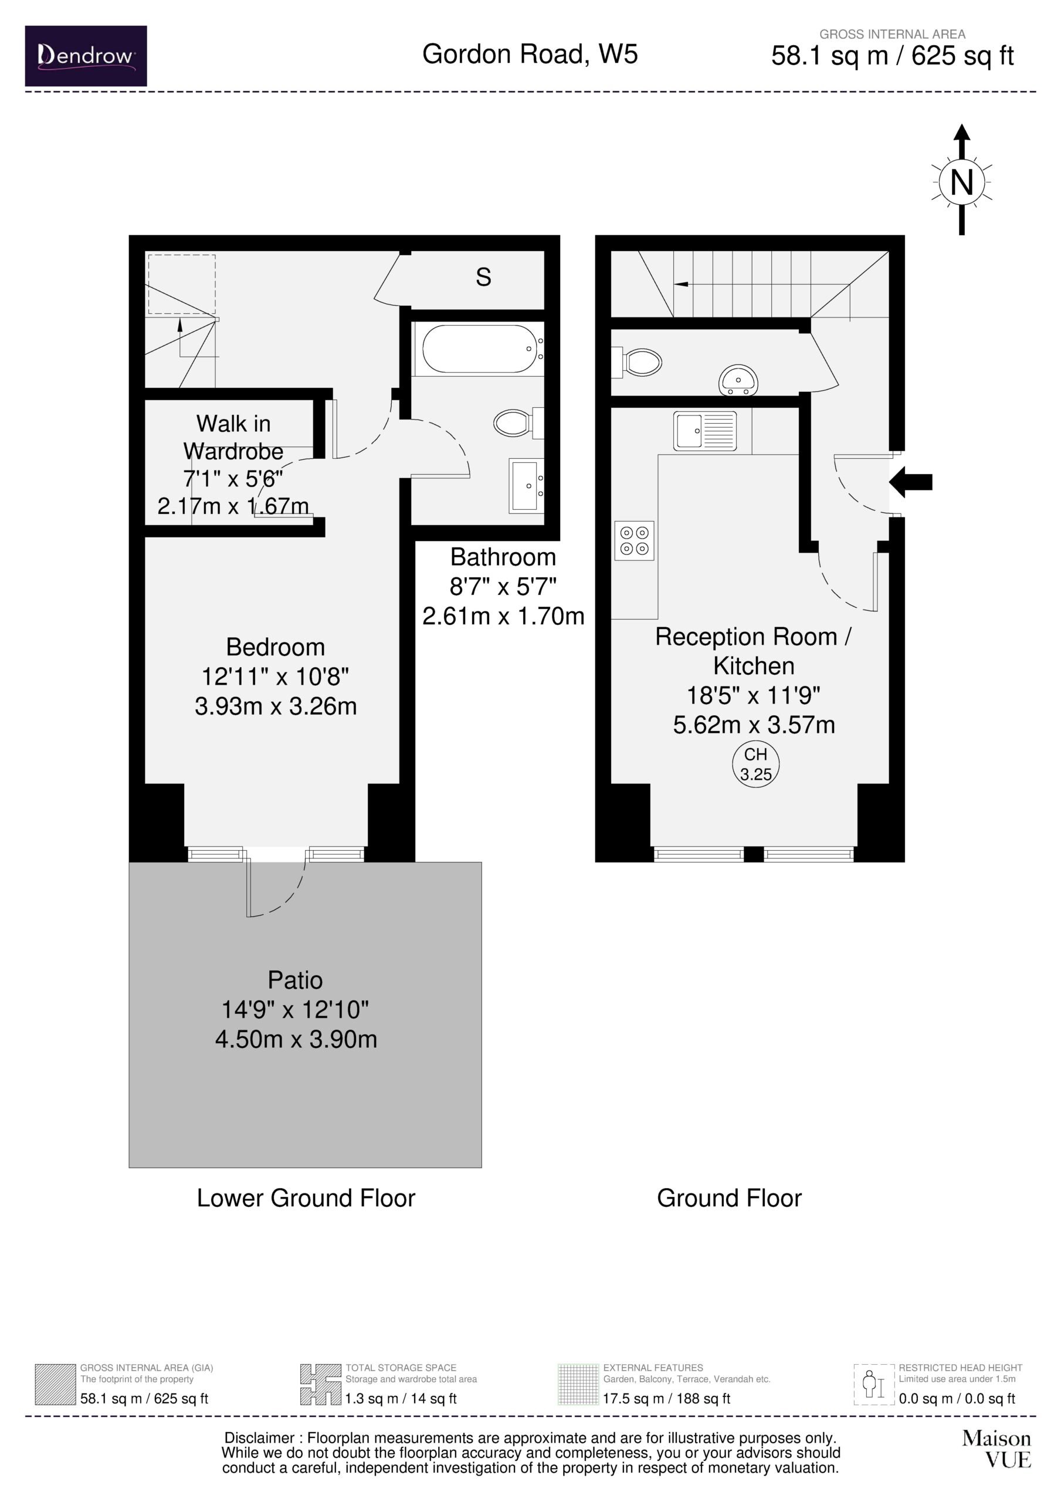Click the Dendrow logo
coord(86,56)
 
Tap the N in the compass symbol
coord(961,182)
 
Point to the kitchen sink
coord(705,431)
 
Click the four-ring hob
coord(635,540)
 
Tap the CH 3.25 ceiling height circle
coord(755,764)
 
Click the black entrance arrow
coord(910,482)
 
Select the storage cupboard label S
coord(483,278)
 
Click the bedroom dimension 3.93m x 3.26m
coord(276,706)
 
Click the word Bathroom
coord(503,557)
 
